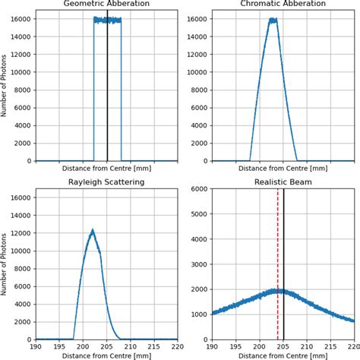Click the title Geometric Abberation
(107, 4)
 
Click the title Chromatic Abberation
(283, 4)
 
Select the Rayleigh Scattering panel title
(107, 182)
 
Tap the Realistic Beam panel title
(283, 182)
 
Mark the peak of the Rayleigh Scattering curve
(92, 230)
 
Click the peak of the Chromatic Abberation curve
(273, 20)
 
